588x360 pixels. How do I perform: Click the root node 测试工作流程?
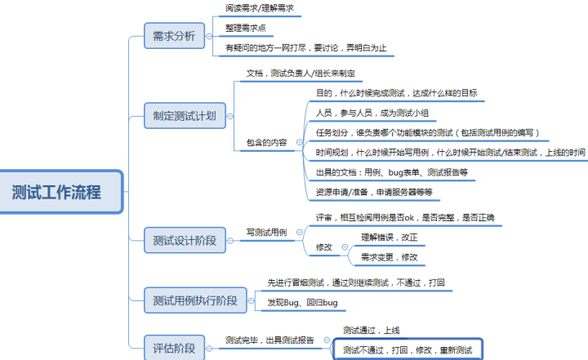61,192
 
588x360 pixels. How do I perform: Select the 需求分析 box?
175,36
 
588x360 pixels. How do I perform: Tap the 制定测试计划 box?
185,116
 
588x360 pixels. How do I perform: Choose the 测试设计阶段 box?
185,240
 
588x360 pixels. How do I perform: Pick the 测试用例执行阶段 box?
195,300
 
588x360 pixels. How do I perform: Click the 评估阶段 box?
175,348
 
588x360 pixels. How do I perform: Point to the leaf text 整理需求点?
246,28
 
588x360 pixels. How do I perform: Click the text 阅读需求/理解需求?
260,8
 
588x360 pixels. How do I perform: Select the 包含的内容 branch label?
266,143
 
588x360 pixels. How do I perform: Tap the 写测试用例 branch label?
266,233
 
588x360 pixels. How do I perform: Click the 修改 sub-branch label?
324,247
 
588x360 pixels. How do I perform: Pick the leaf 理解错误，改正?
390,238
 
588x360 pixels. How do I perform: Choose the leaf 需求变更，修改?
390,257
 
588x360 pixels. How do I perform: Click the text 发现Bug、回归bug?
302,303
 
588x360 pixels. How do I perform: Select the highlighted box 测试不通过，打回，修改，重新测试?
408,349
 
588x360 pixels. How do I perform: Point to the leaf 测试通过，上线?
372,331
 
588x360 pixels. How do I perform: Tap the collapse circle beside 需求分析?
209,37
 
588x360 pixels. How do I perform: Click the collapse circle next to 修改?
345,247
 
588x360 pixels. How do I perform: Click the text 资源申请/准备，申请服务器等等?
374,193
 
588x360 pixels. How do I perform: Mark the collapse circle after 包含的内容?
299,142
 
